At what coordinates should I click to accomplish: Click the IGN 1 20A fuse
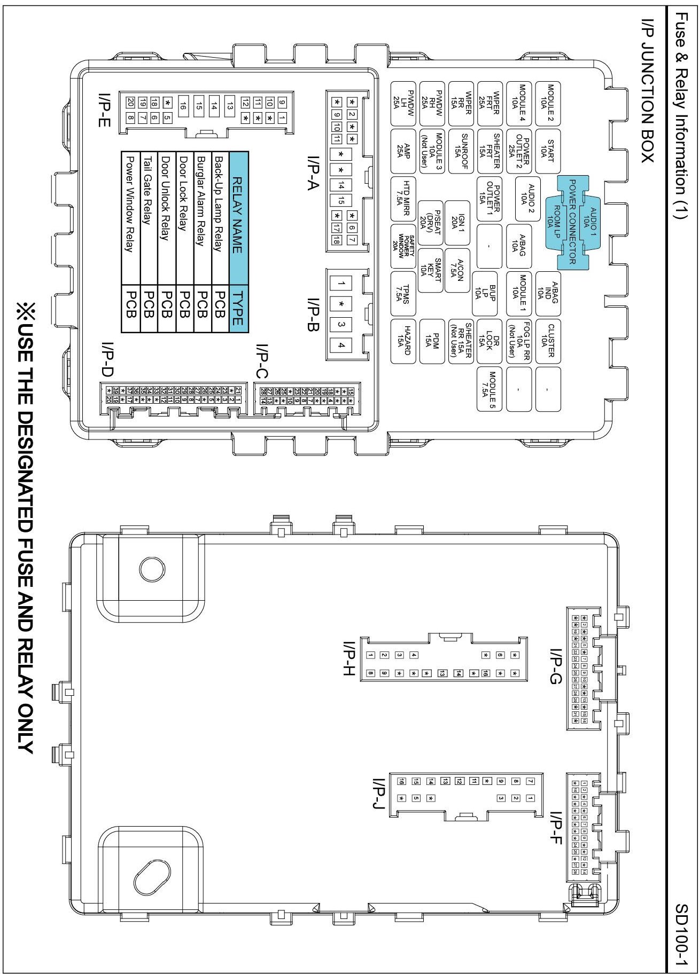click(x=457, y=222)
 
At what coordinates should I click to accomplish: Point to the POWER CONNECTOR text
click(x=572, y=222)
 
